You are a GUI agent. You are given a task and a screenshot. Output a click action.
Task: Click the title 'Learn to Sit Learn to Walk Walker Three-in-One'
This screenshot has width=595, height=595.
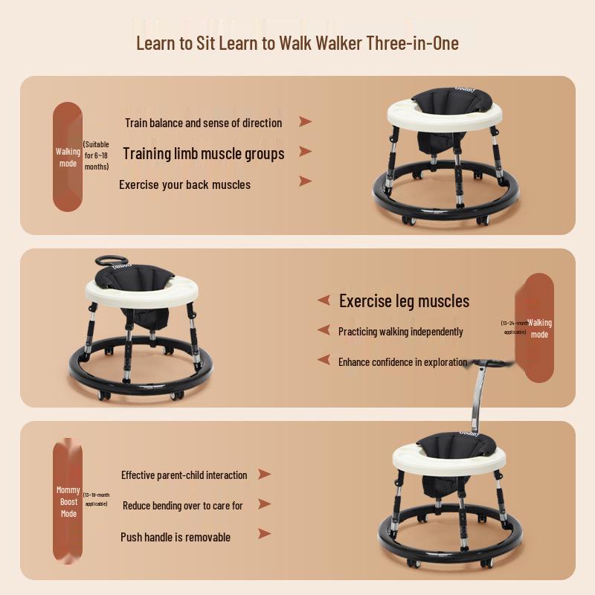(x=297, y=42)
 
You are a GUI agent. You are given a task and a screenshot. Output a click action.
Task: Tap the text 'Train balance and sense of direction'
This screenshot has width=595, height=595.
(x=203, y=123)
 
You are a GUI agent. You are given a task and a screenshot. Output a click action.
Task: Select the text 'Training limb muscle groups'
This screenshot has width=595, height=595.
(x=203, y=154)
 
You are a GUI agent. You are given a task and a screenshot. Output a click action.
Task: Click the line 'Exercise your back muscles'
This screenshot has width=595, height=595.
(x=184, y=184)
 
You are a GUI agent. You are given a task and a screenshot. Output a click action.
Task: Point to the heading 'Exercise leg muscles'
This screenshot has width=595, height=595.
(x=404, y=301)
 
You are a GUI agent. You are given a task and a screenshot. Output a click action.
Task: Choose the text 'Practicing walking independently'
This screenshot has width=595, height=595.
(x=400, y=332)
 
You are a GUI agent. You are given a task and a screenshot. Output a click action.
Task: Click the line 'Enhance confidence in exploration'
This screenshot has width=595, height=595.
(x=402, y=362)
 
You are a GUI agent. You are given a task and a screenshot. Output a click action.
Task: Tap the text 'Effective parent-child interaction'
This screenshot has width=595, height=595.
(x=184, y=475)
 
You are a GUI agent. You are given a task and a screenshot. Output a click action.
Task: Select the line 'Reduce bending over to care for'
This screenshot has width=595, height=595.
(x=182, y=506)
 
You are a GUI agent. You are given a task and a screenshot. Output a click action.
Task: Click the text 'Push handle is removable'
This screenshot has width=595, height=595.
(x=176, y=537)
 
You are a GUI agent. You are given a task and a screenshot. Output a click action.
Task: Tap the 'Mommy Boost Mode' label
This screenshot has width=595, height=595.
(x=68, y=502)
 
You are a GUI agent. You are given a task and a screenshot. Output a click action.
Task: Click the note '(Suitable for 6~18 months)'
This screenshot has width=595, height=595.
(x=96, y=156)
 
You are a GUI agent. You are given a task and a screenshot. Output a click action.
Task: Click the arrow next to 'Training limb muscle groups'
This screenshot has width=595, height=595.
(x=305, y=152)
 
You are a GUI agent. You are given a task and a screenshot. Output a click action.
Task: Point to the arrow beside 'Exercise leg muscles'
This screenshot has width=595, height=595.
(x=324, y=300)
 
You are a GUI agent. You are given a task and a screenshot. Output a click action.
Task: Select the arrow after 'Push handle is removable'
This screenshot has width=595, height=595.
(x=263, y=534)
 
